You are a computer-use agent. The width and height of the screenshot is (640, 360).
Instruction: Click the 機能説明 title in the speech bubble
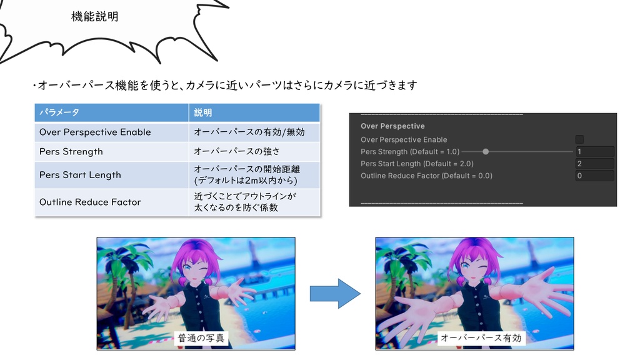coord(95,17)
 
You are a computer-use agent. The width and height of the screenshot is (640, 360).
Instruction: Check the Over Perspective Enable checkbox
coord(579,139)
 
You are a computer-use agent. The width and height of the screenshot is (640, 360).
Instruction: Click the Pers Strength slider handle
coord(486,151)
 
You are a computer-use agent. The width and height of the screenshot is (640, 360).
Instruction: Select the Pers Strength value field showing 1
coord(594,151)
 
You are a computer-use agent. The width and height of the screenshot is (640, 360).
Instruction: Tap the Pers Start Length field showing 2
coord(594,164)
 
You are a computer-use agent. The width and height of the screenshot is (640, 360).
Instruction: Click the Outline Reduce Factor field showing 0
coord(594,176)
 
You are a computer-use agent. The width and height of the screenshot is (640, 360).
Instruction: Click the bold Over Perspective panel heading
coord(392,126)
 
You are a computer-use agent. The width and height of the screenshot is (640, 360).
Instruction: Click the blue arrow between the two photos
coord(335,293)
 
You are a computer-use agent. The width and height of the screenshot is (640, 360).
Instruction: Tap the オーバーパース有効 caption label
coord(481,338)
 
